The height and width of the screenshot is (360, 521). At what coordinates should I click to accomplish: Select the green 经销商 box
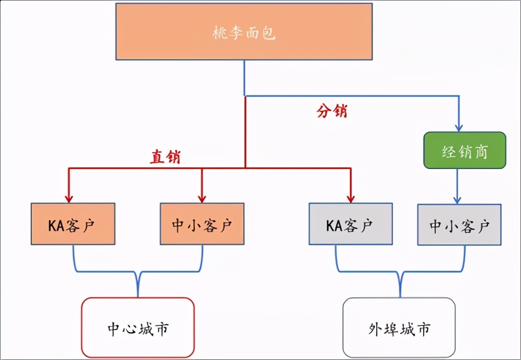[x=465, y=150]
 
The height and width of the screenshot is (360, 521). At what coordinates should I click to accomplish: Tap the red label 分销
[x=332, y=111]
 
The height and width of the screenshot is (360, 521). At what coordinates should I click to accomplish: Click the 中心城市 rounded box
[x=138, y=328]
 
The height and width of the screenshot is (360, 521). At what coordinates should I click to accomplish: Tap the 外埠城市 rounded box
[x=399, y=328]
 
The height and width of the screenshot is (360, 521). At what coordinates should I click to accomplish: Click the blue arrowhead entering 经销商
[x=459, y=127]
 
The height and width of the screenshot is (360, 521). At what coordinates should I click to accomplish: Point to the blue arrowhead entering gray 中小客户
[x=458, y=199]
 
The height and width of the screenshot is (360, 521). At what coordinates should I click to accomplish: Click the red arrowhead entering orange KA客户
[x=69, y=198]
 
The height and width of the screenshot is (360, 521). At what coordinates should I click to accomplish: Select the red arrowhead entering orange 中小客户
[x=201, y=198]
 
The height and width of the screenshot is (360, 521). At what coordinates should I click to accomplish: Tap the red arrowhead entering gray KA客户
[x=350, y=198]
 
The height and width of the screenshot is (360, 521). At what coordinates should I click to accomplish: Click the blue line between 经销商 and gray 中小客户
[x=458, y=183]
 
